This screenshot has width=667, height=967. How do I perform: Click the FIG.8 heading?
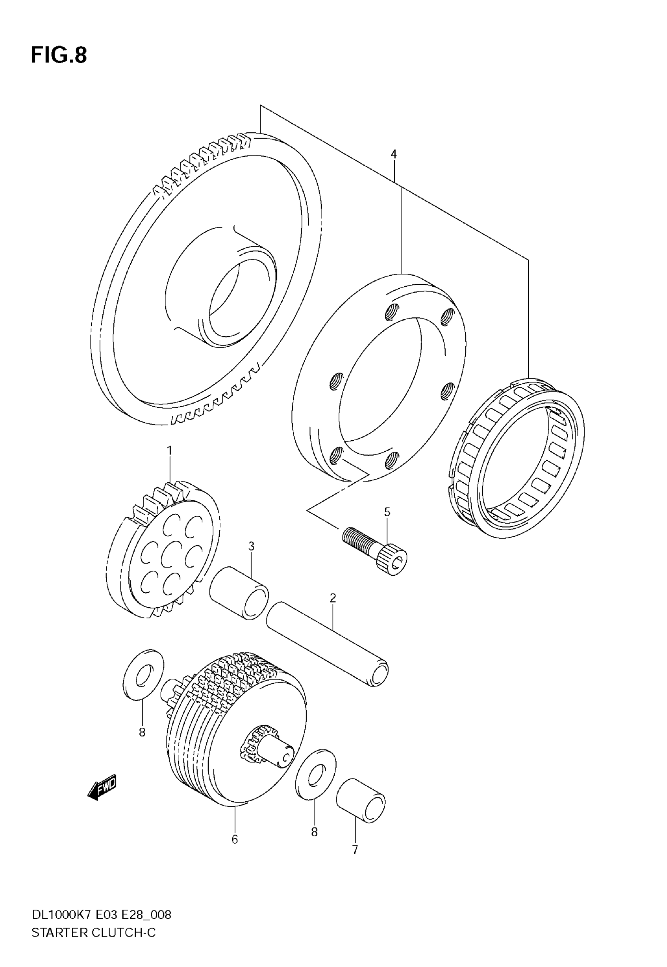tap(59, 55)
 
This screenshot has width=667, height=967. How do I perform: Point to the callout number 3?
tap(251, 546)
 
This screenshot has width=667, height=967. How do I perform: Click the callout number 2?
tap(333, 598)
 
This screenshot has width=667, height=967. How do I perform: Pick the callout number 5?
tap(387, 512)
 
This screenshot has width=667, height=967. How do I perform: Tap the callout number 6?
tap(235, 839)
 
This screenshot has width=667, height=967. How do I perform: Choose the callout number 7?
tap(355, 850)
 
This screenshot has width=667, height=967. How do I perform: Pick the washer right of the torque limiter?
tap(315, 774)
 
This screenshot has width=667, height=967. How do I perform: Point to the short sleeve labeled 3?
tap(239, 593)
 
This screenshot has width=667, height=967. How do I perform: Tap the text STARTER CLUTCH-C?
tap(94, 933)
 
